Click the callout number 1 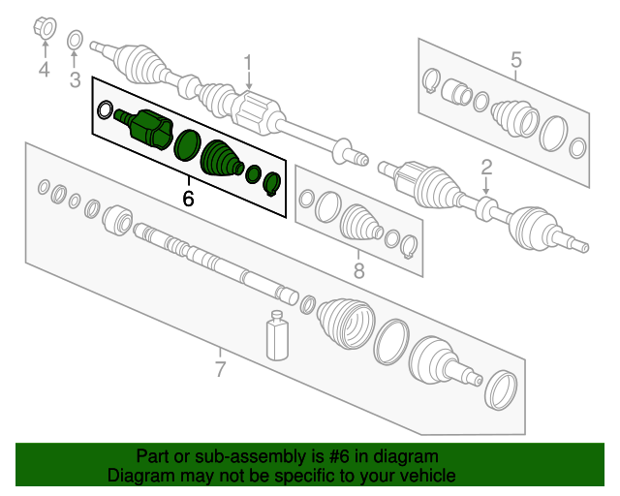coord(247,64)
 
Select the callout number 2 coord(486,166)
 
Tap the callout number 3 coord(75,79)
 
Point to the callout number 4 coord(43,69)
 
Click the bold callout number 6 coord(188,198)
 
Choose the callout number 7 coord(220,369)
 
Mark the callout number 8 coord(358,271)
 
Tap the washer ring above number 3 coord(75,40)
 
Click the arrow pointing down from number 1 coord(248,85)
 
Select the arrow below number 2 coord(486,187)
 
